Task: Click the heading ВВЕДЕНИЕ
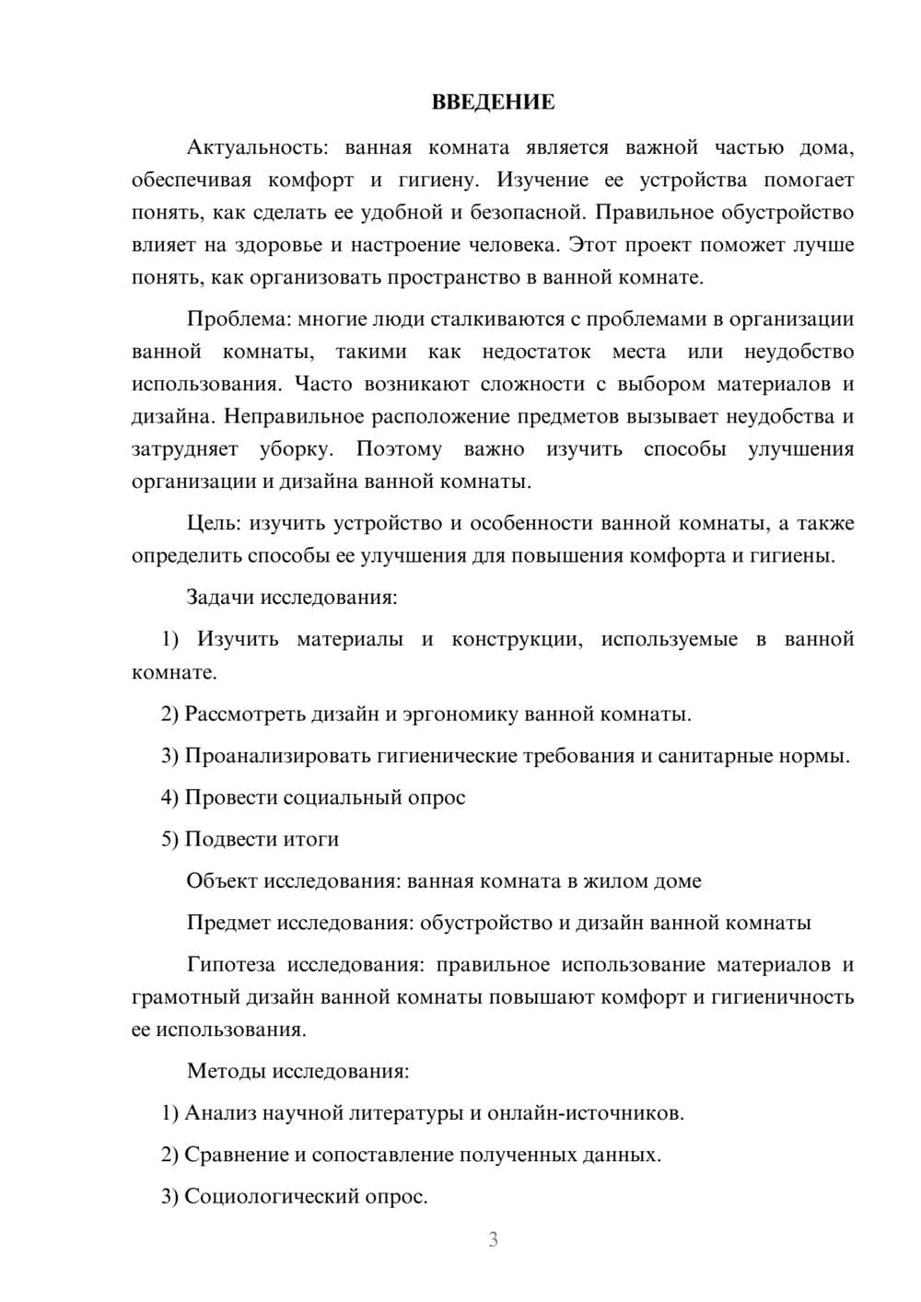tap(493, 102)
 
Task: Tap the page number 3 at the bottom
tap(493, 1239)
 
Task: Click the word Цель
tap(213, 524)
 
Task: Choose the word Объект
tap(222, 881)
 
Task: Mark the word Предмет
tap(229, 923)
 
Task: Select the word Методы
tap(222, 1071)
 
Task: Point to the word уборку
tap(295, 449)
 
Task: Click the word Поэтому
tap(399, 449)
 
